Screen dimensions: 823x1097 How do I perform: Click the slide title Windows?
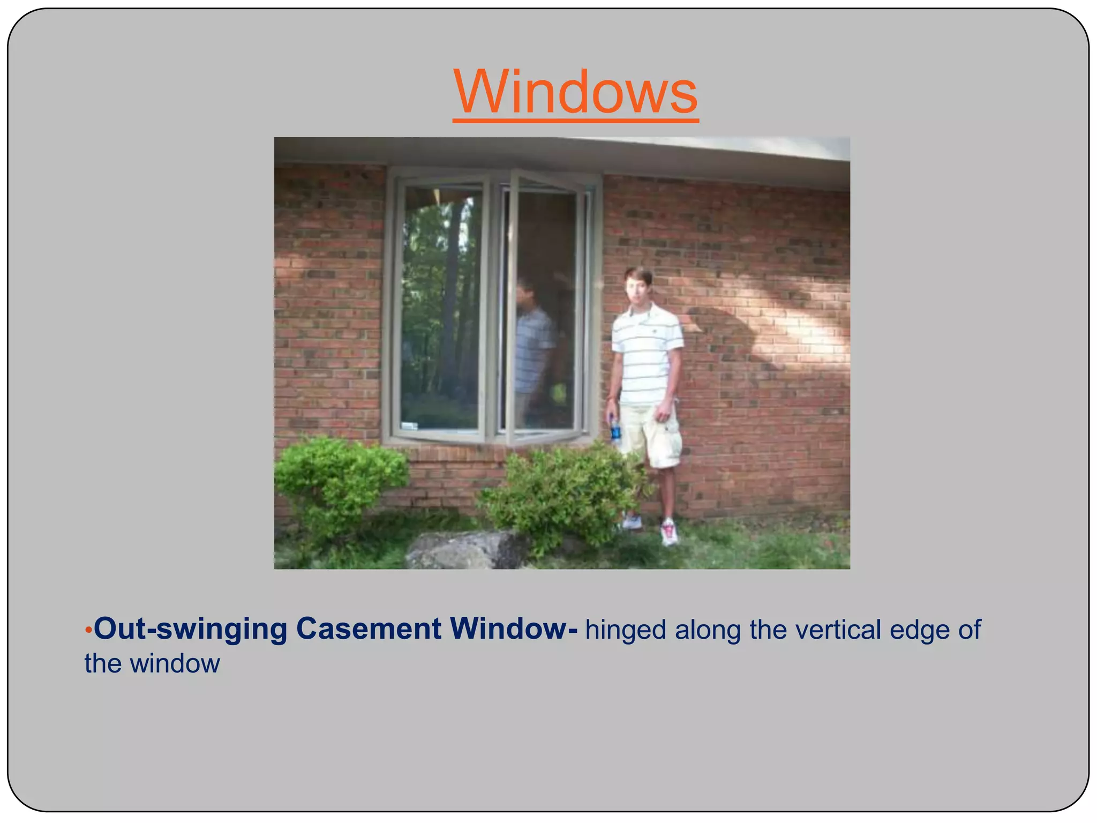[x=575, y=92]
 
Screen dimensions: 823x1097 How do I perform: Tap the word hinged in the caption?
[x=625, y=631]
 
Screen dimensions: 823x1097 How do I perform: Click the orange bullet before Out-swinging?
[x=88, y=630]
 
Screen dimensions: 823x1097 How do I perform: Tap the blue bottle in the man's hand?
[x=615, y=431]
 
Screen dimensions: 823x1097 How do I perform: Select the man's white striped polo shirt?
[x=647, y=354]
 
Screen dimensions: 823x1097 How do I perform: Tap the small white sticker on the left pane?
[x=409, y=426]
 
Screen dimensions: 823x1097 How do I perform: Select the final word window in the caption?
[x=175, y=664]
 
